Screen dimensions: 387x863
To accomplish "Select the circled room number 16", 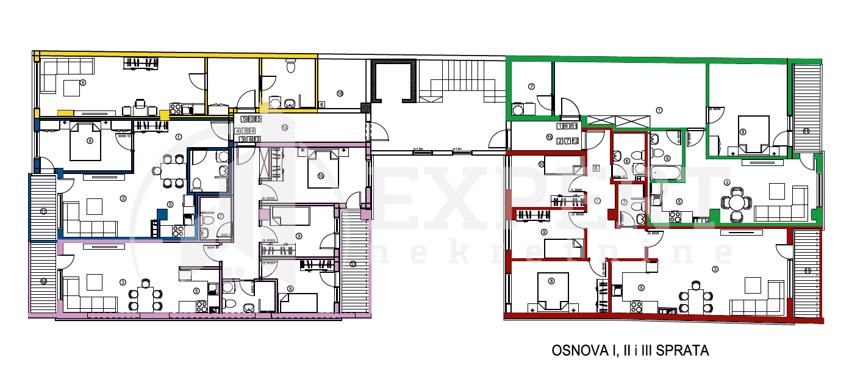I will point(340,93).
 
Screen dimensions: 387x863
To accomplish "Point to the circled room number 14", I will point(284,128).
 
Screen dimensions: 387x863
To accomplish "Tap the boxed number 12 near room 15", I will point(575,140).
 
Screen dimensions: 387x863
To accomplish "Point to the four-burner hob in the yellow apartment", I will point(176,109).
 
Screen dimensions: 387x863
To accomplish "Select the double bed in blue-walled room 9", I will point(85,141).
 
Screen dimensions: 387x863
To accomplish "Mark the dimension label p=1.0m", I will point(418,148).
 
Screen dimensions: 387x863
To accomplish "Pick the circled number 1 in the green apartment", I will point(659,110).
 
